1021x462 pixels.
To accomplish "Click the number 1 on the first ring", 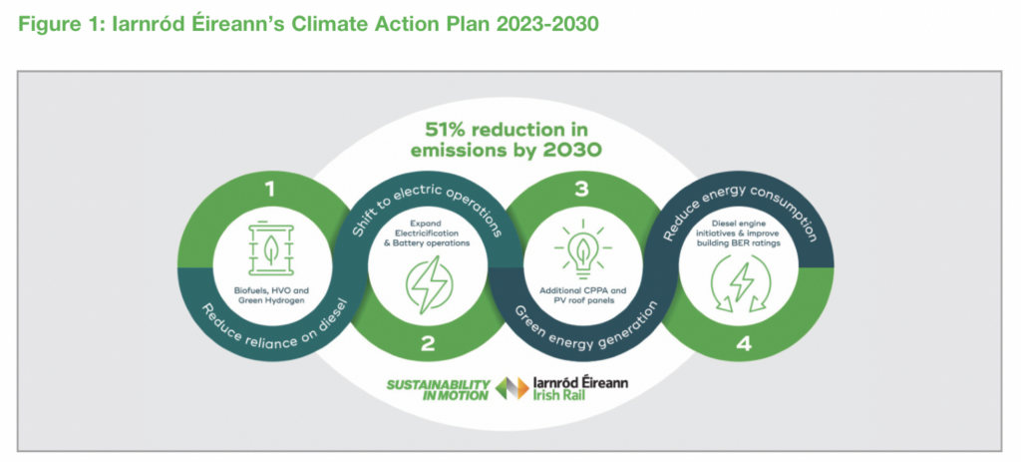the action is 270,189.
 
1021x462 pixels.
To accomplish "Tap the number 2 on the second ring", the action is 427,343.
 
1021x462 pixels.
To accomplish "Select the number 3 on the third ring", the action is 582,189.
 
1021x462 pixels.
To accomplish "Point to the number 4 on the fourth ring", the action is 744,343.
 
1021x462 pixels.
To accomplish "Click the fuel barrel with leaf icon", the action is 270,250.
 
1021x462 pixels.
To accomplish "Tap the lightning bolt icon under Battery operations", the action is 428,284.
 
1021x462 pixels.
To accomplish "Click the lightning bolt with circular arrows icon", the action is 741,284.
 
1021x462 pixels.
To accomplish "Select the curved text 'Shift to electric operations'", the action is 428,210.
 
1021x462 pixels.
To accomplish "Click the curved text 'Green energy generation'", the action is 582,322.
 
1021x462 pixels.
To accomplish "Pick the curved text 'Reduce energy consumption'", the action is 741,210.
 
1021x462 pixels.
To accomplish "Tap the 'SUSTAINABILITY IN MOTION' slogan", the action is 438,390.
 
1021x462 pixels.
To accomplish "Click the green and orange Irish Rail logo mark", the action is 512,388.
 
